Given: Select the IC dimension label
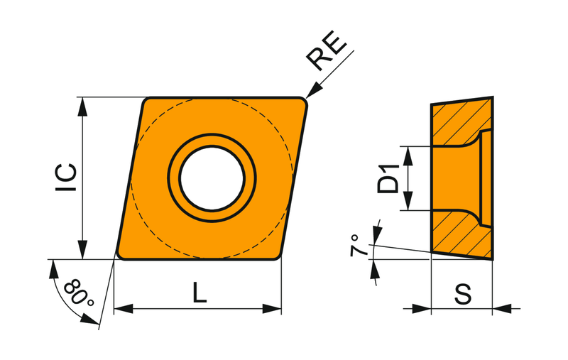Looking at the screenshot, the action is tap(66, 177).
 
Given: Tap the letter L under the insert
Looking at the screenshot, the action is tap(200, 292).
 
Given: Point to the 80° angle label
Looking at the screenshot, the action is tap(79, 293).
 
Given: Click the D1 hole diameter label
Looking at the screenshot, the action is tap(388, 178).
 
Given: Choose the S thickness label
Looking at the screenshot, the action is tap(463, 294).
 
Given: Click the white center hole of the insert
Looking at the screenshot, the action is tap(212, 178).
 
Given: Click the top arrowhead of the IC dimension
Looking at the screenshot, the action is tap(82, 107).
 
